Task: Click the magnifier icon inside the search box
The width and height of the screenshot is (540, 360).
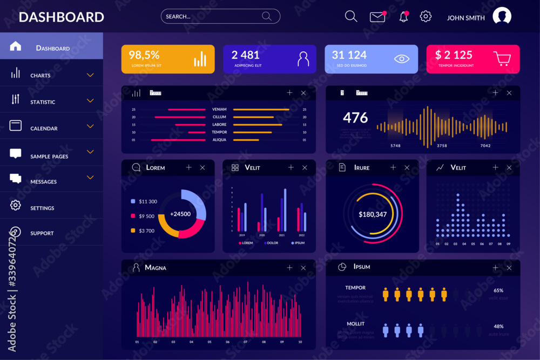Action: [267, 16]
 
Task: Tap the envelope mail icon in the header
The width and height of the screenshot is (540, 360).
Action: [377, 17]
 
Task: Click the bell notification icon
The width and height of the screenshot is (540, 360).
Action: [403, 17]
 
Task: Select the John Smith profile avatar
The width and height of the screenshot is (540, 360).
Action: [502, 17]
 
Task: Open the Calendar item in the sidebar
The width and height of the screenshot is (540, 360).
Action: [44, 128]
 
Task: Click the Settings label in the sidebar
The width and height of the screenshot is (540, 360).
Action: [42, 208]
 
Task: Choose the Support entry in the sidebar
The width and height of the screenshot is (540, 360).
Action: [42, 233]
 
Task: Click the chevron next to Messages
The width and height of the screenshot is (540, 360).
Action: [90, 177]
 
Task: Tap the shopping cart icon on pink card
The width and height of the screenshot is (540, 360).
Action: [502, 58]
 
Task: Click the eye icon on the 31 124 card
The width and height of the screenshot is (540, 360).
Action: [401, 59]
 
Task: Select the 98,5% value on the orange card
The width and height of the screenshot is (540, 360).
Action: [144, 55]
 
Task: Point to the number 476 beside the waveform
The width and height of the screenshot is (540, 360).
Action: [355, 118]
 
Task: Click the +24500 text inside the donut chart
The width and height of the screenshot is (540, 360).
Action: [180, 214]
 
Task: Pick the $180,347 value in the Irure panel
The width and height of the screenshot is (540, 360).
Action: [373, 215]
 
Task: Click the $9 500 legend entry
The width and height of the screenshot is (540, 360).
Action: [146, 216]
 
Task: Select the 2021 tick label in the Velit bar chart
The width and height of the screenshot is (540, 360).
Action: [281, 235]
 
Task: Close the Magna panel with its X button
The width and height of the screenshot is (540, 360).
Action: [303, 268]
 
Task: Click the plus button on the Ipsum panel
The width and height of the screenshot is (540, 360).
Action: [495, 268]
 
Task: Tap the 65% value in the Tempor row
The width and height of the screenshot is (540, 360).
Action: [498, 290]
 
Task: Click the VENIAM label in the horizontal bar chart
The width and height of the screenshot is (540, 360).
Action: [219, 110]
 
